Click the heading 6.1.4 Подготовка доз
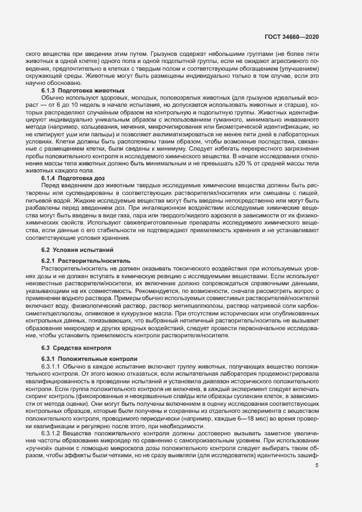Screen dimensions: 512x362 71,178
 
